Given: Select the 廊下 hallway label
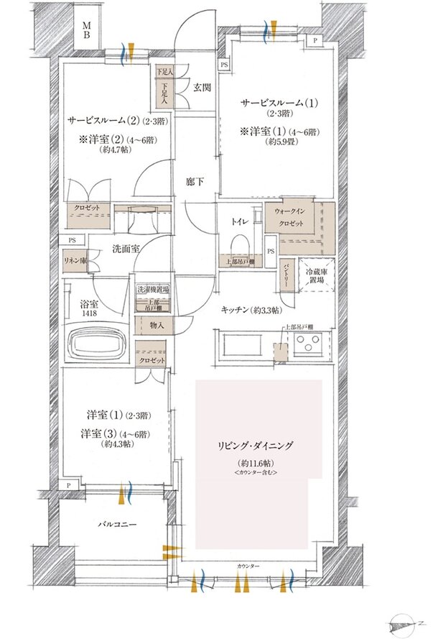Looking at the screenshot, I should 195,181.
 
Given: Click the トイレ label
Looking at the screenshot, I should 240,222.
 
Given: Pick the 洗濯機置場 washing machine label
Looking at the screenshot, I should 153,288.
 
